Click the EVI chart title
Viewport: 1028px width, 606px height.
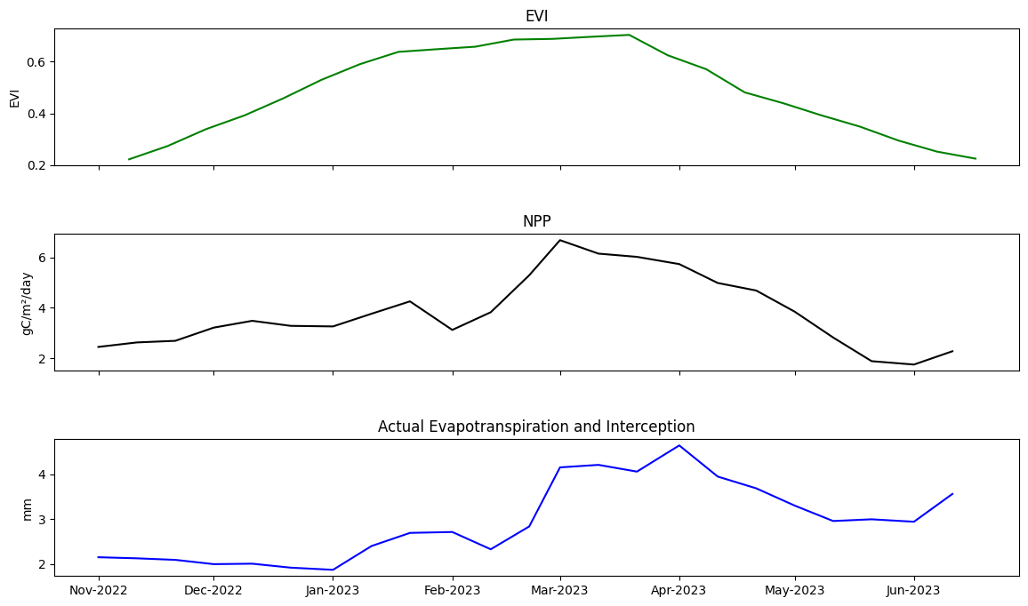(536, 16)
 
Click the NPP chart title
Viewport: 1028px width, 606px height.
(536, 221)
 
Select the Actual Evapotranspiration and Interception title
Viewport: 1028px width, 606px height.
(536, 427)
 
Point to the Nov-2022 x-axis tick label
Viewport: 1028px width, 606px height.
(99, 590)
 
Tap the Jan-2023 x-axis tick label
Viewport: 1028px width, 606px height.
(333, 590)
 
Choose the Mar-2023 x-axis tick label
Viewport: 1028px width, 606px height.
(560, 590)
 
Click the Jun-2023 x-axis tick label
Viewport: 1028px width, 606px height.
(913, 590)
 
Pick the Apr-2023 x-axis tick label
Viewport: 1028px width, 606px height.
(679, 590)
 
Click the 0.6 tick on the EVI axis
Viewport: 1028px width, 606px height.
(36, 62)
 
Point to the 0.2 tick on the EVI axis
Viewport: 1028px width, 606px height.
(36, 166)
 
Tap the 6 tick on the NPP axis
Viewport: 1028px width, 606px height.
(42, 258)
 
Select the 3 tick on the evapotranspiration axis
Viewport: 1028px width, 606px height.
(42, 520)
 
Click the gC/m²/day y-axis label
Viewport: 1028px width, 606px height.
(27, 303)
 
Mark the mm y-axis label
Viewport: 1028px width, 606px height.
(27, 509)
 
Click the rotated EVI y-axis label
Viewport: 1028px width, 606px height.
(14, 98)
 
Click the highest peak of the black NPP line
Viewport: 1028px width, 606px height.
(560, 240)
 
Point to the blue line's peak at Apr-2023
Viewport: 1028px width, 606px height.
(679, 445)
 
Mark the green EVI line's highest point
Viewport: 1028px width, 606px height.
(628, 35)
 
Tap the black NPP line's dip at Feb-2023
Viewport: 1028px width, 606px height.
(453, 330)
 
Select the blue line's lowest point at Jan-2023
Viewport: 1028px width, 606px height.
(333, 570)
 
